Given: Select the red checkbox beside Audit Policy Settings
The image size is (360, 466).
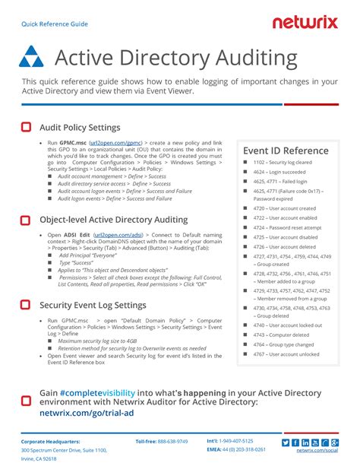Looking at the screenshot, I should (x=26, y=127).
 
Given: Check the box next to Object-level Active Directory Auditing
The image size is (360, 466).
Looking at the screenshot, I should (x=26, y=220).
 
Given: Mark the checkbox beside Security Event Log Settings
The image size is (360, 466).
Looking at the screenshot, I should (x=26, y=305).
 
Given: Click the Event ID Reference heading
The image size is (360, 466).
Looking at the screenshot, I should (x=285, y=151).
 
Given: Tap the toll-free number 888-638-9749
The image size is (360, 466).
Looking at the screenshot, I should (x=172, y=441).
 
